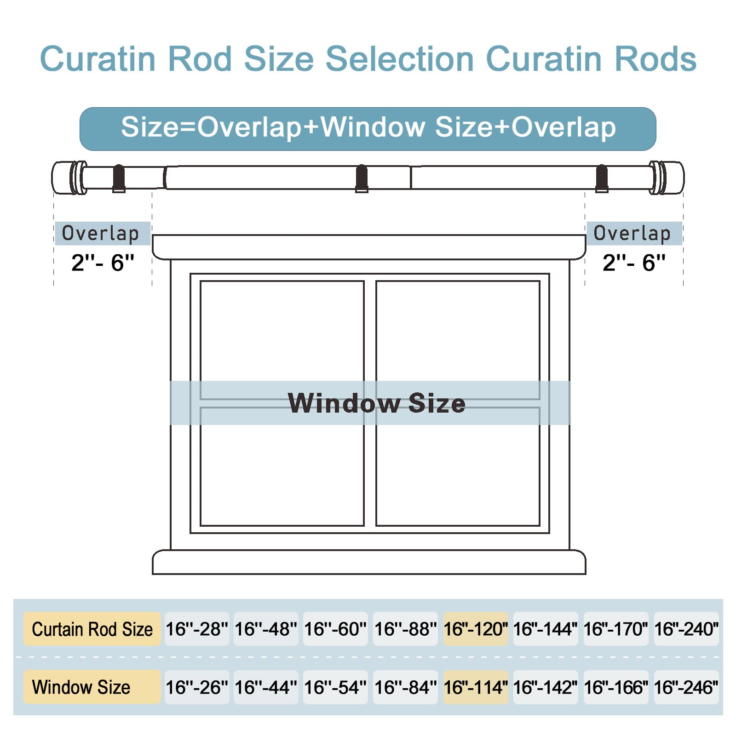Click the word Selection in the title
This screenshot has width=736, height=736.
coord(399,59)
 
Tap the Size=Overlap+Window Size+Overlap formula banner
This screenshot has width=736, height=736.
coord(368,129)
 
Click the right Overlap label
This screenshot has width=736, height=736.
coord(634,233)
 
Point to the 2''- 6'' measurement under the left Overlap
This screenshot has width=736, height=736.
coord(103,263)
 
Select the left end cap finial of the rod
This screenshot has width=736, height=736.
coord(69,178)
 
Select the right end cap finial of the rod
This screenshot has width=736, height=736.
coord(667,178)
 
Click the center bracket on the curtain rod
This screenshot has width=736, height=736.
coord(362,178)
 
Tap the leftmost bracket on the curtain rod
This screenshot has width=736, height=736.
coord(119,178)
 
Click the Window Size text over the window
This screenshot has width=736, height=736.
coord(377,403)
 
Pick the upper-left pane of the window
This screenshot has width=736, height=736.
coord(282,340)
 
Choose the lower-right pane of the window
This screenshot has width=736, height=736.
coord(458,466)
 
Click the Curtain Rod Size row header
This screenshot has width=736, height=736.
coord(92,629)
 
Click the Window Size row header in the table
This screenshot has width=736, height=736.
coord(92,687)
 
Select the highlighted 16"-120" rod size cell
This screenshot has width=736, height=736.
coord(476,629)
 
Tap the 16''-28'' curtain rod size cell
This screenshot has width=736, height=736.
coord(197,629)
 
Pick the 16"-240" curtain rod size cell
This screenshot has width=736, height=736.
coord(686,629)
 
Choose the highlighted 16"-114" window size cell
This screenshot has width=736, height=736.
coord(476,687)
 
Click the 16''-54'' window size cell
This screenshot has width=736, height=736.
coord(335,687)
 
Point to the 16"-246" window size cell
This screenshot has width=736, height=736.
coord(686,687)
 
